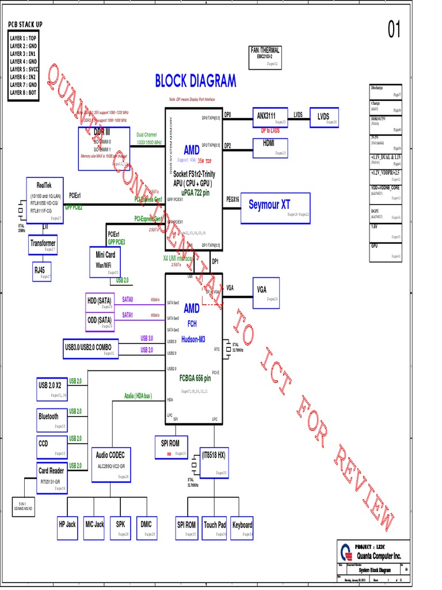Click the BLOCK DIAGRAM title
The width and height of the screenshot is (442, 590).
195,81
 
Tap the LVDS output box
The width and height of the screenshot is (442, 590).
324,117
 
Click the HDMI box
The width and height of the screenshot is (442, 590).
269,146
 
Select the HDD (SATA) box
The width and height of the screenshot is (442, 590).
100,303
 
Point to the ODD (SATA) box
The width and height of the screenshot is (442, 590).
100,322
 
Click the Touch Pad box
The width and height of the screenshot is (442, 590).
215,528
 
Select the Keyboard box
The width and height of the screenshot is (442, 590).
242,528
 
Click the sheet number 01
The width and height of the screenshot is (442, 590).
394,31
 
